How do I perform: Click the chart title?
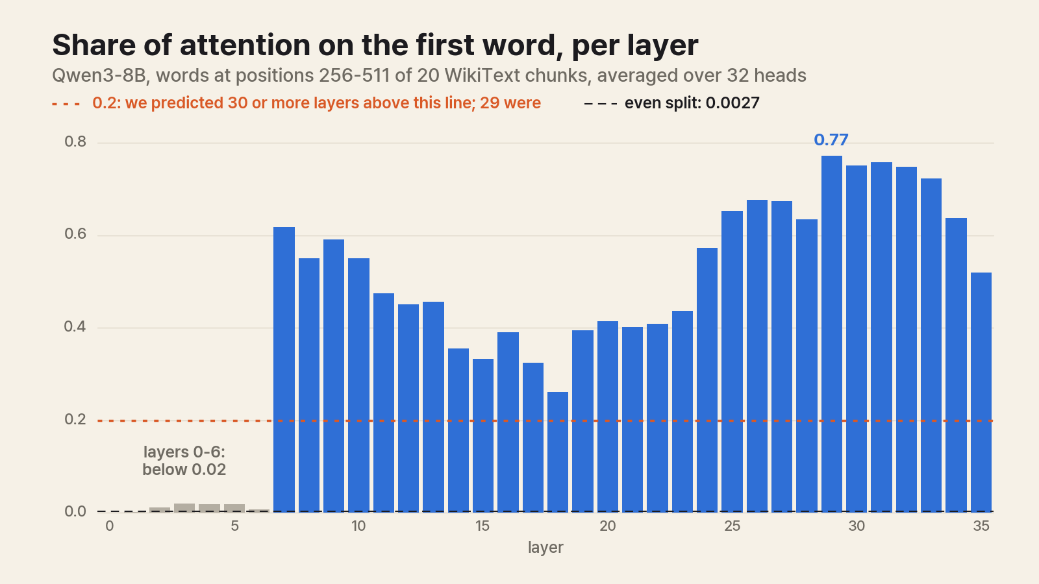coord(375,45)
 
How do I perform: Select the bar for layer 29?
coord(832,334)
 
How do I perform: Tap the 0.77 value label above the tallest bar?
coord(831,140)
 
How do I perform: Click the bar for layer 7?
coord(284,369)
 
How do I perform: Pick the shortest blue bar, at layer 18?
coord(558,452)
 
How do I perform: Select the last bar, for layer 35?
coord(981,392)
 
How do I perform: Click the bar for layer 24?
coord(707,380)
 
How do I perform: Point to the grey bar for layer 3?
coord(184,507)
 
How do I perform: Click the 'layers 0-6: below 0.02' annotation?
coord(184,461)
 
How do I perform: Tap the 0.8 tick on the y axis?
coord(75,142)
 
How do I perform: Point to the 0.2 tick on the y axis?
coord(75,419)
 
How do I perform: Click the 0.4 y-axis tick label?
coord(75,327)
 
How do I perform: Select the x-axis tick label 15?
coord(482,526)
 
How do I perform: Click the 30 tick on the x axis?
coord(857,526)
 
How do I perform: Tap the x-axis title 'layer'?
coord(545,548)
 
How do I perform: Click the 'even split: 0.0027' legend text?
coord(692,103)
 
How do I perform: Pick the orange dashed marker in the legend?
coord(66,104)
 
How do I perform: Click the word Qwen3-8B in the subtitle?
coord(99,75)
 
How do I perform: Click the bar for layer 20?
coord(608,417)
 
